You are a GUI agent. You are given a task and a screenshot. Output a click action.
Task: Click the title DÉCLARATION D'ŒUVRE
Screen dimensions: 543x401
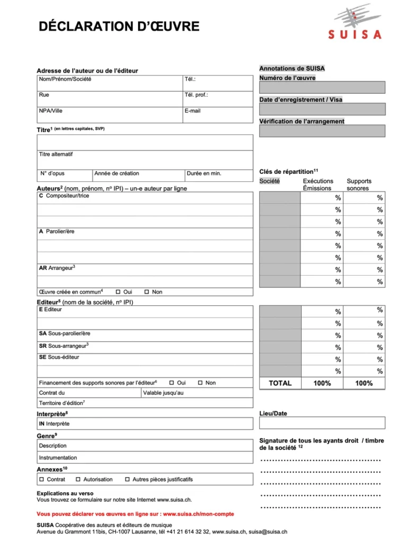click(x=119, y=26)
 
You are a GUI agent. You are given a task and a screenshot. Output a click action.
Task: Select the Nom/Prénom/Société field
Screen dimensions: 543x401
click(x=109, y=83)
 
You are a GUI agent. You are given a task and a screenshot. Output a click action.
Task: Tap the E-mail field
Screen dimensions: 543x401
click(x=217, y=115)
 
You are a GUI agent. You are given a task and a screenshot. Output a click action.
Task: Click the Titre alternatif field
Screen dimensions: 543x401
click(x=144, y=160)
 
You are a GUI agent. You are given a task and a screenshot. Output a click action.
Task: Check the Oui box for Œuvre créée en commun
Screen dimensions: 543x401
click(x=118, y=292)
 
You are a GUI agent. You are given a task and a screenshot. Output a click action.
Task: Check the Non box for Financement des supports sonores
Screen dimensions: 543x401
click(x=200, y=383)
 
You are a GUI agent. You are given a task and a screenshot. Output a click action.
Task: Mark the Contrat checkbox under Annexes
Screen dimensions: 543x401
click(x=41, y=479)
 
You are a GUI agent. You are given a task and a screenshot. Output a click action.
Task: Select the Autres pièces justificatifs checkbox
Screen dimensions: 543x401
click(x=127, y=479)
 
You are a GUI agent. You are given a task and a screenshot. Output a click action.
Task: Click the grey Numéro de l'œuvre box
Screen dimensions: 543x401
click(x=322, y=87)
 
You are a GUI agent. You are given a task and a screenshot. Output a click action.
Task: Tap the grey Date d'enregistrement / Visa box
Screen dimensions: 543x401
click(x=322, y=109)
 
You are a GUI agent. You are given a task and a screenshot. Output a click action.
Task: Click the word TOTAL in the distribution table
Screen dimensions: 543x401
click(x=280, y=383)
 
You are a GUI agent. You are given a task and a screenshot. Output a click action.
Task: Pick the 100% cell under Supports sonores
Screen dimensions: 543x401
click(x=364, y=383)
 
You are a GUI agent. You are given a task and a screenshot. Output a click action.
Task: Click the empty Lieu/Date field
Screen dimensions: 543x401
click(x=322, y=423)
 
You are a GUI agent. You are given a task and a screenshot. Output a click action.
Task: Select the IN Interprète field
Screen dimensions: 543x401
click(x=144, y=424)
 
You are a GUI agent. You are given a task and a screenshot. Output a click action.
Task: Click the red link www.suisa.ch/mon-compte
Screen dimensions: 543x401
click(x=198, y=514)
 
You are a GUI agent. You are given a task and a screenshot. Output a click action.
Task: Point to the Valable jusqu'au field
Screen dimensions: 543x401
click(x=197, y=393)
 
